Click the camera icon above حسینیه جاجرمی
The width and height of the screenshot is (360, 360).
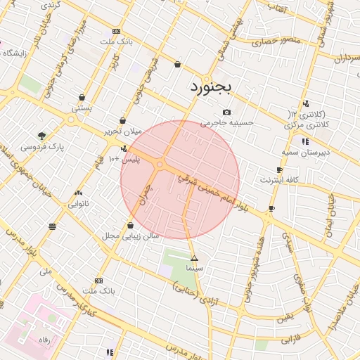point(226,112)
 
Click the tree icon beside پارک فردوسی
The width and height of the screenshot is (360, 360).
point(43,136)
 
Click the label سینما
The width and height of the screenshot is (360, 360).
point(195,269)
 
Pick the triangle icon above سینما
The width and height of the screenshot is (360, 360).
point(195,259)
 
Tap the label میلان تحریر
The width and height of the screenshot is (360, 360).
point(124,131)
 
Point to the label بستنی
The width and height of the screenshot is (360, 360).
point(82,108)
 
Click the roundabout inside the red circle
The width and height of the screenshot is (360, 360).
point(160,165)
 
